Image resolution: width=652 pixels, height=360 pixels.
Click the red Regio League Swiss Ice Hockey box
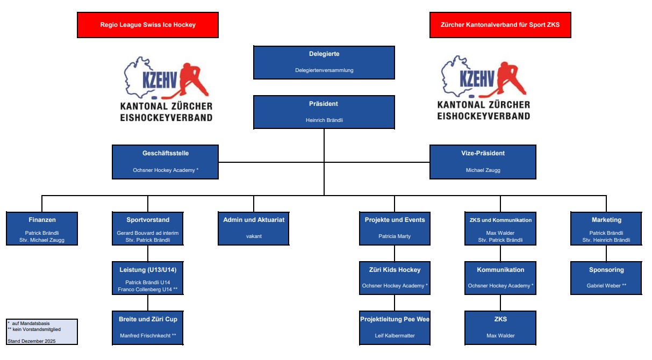[x=148, y=25]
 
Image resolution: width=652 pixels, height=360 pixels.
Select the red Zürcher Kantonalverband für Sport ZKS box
[x=500, y=25]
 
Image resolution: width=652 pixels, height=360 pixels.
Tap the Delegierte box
[x=324, y=62]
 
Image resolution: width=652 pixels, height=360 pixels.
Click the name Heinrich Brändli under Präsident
[x=324, y=120]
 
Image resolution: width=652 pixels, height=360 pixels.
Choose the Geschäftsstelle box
[x=166, y=162]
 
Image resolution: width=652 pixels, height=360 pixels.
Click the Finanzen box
[x=42, y=228]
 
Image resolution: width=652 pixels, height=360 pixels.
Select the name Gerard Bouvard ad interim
[x=148, y=233]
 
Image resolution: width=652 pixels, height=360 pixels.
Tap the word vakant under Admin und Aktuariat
[x=254, y=236]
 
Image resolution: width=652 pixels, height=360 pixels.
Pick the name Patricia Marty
[x=395, y=236]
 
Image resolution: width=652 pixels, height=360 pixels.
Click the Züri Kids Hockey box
[x=395, y=278]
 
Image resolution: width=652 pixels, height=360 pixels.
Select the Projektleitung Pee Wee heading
[x=395, y=319]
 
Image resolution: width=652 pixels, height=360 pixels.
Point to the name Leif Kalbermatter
[x=395, y=336]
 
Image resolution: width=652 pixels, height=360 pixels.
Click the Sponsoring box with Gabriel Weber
[x=606, y=278]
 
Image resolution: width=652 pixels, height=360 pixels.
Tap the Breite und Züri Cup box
[x=148, y=327]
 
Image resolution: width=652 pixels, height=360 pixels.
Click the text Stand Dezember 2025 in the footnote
[x=31, y=341]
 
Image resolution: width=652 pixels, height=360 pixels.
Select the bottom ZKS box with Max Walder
[x=500, y=327]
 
